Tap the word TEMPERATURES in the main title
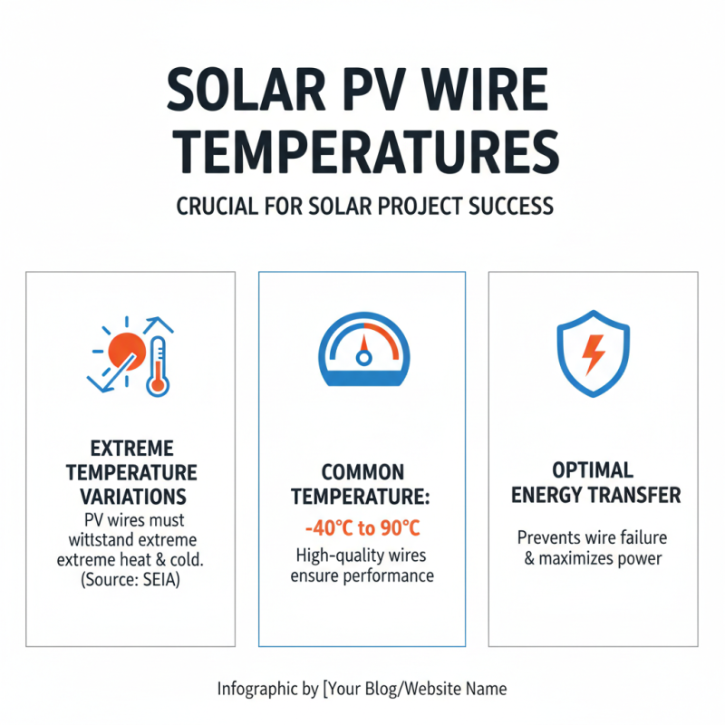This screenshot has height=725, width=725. click(x=362, y=153)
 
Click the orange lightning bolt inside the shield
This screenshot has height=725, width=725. click(x=593, y=354)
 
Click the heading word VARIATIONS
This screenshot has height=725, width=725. click(x=130, y=497)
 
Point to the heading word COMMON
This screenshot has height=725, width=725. click(x=362, y=472)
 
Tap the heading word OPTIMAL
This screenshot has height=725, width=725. click(x=594, y=472)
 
